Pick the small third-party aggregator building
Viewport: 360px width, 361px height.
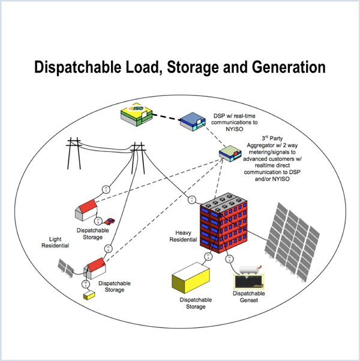pos(229,153)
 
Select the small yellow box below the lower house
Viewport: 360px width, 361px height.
pos(89,296)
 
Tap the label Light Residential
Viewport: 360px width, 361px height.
pos(55,242)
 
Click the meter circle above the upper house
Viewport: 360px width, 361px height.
pos(106,189)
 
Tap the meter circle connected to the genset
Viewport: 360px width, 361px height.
pos(229,259)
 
